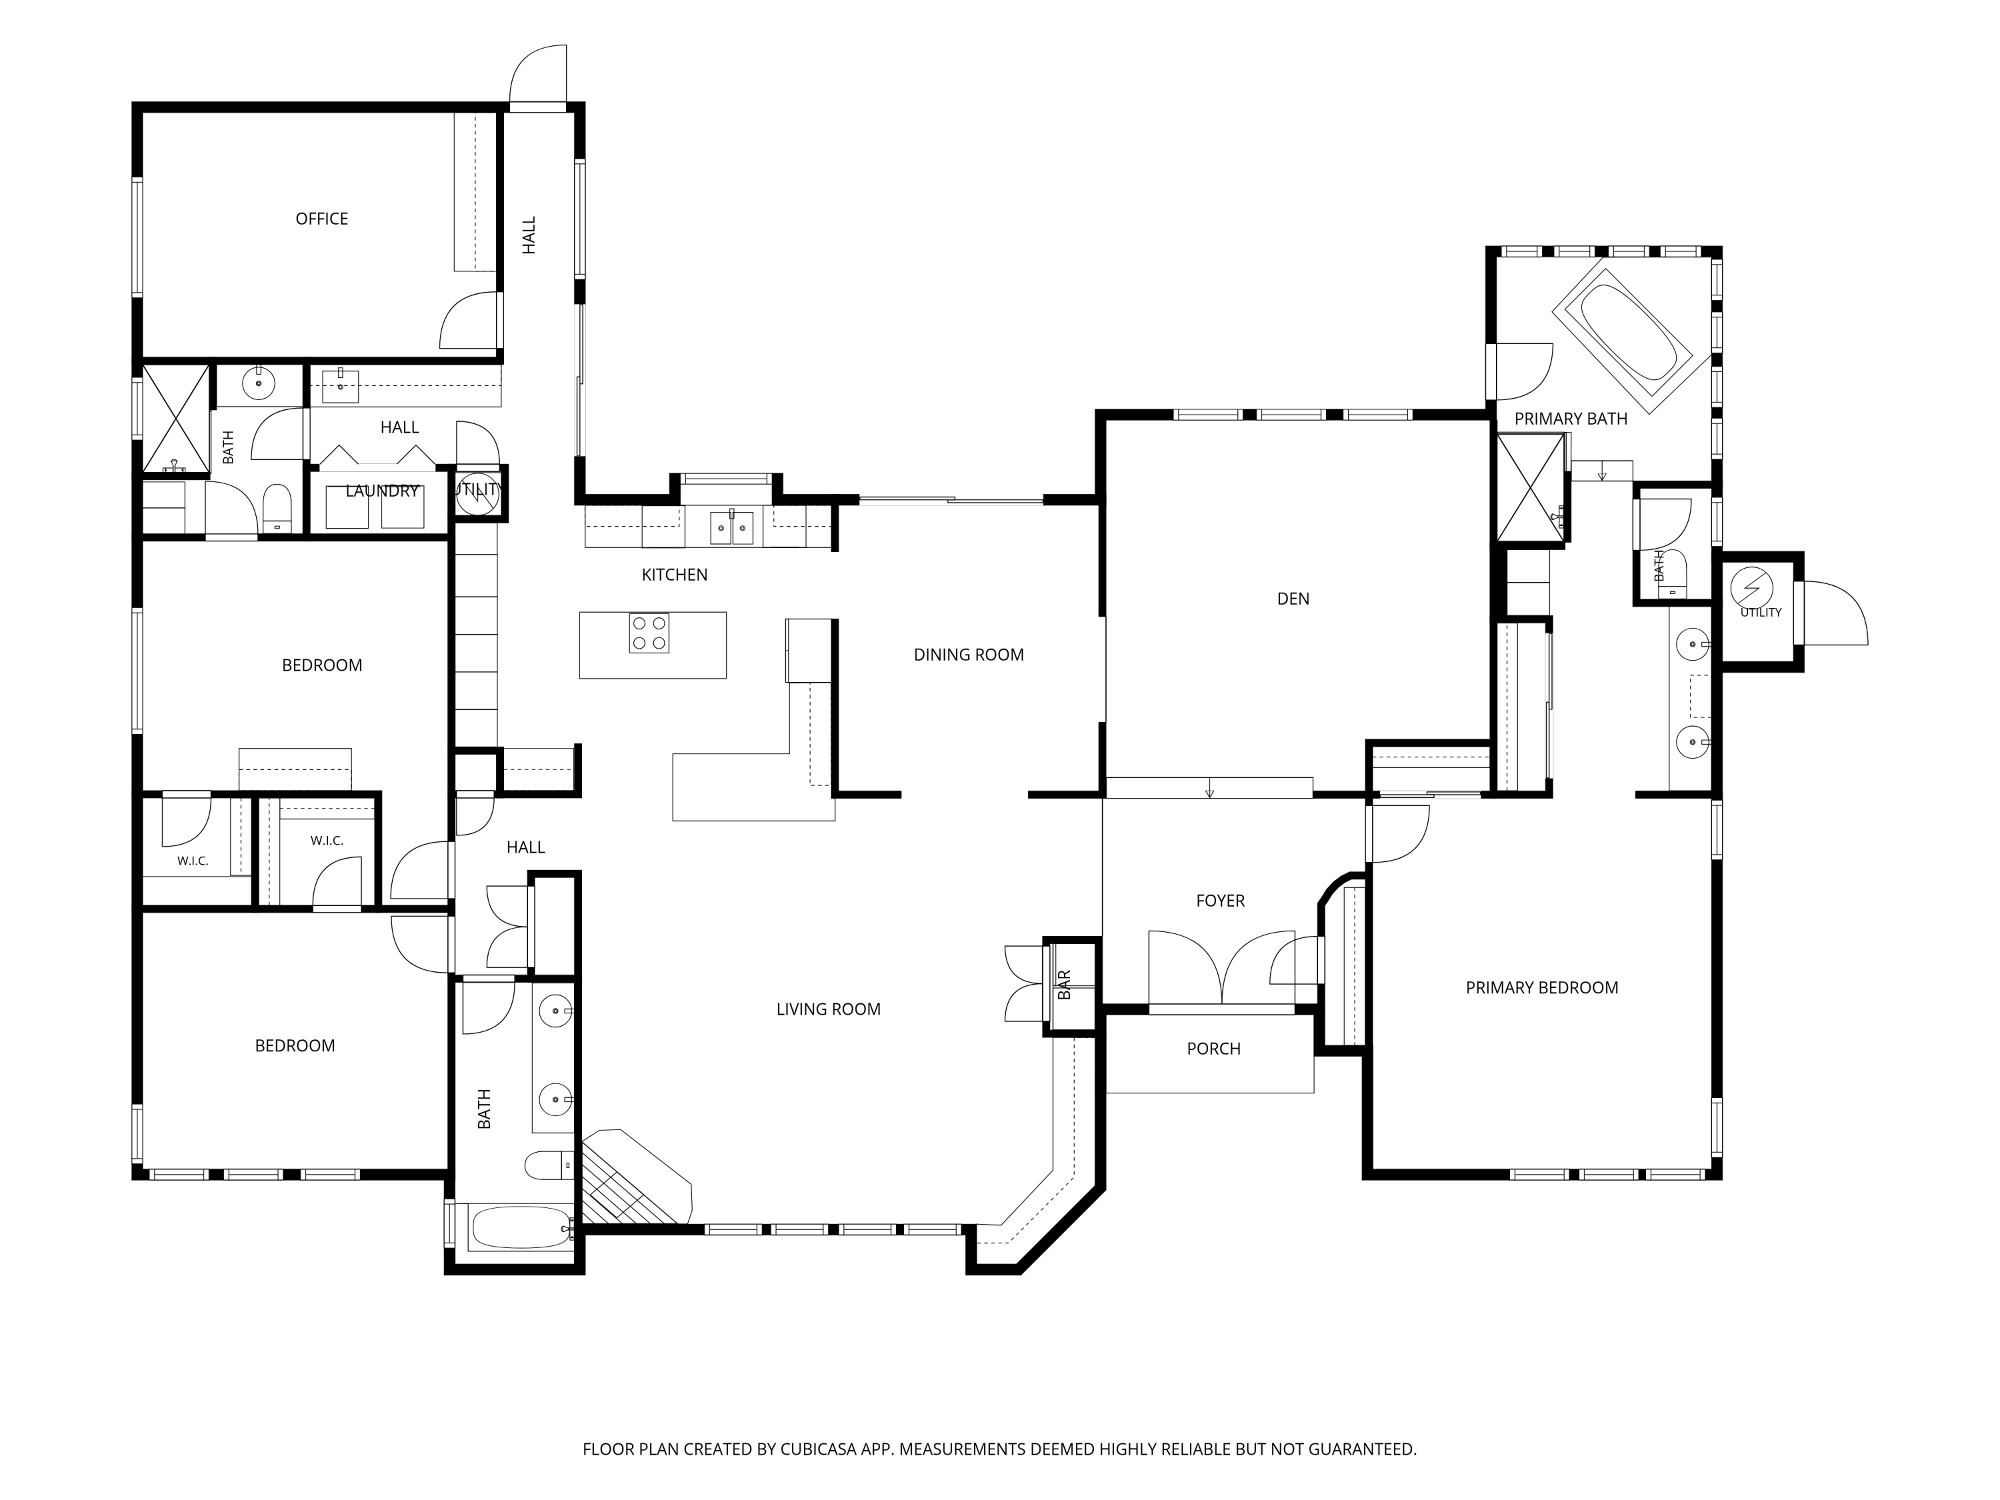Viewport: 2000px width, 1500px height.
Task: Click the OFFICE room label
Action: click(322, 219)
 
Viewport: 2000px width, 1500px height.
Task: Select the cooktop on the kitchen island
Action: click(649, 633)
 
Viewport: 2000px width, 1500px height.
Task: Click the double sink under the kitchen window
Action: click(731, 527)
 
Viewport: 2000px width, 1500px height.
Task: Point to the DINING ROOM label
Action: click(969, 655)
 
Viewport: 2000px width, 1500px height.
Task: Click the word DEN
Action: click(1293, 599)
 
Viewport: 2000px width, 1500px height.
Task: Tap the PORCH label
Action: click(1213, 1049)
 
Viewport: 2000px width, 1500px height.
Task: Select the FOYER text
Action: click(1220, 901)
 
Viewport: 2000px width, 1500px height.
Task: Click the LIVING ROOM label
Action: click(828, 1009)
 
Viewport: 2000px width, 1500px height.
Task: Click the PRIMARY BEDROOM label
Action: click(1541, 987)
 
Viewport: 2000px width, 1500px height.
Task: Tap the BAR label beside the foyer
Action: click(1064, 985)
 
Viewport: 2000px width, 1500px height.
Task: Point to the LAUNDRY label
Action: click(381, 491)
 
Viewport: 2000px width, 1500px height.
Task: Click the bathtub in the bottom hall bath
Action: click(520, 1228)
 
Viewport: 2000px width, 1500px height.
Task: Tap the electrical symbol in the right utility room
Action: click(1751, 589)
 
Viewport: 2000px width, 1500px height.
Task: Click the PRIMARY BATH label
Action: click(1571, 419)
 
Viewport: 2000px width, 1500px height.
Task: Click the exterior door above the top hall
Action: click(537, 76)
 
